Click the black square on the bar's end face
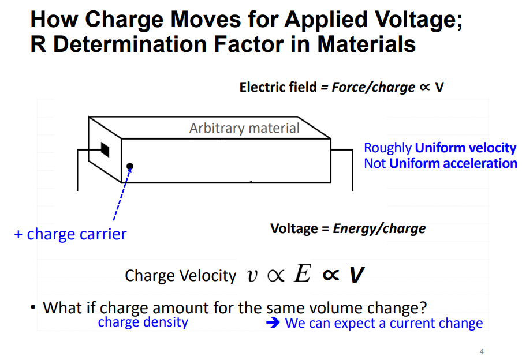click(x=105, y=148)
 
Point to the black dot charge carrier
click(x=130, y=166)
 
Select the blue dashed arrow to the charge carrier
click(x=121, y=196)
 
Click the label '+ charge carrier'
click(x=70, y=234)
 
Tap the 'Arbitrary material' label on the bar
click(x=244, y=127)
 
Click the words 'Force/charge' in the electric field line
click(x=373, y=87)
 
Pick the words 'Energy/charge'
click(x=379, y=228)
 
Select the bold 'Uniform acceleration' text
click(x=453, y=163)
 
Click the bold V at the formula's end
click(x=357, y=275)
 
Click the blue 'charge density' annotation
click(x=143, y=321)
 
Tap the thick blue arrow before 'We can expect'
click(x=273, y=323)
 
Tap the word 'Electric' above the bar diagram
click(x=263, y=87)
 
